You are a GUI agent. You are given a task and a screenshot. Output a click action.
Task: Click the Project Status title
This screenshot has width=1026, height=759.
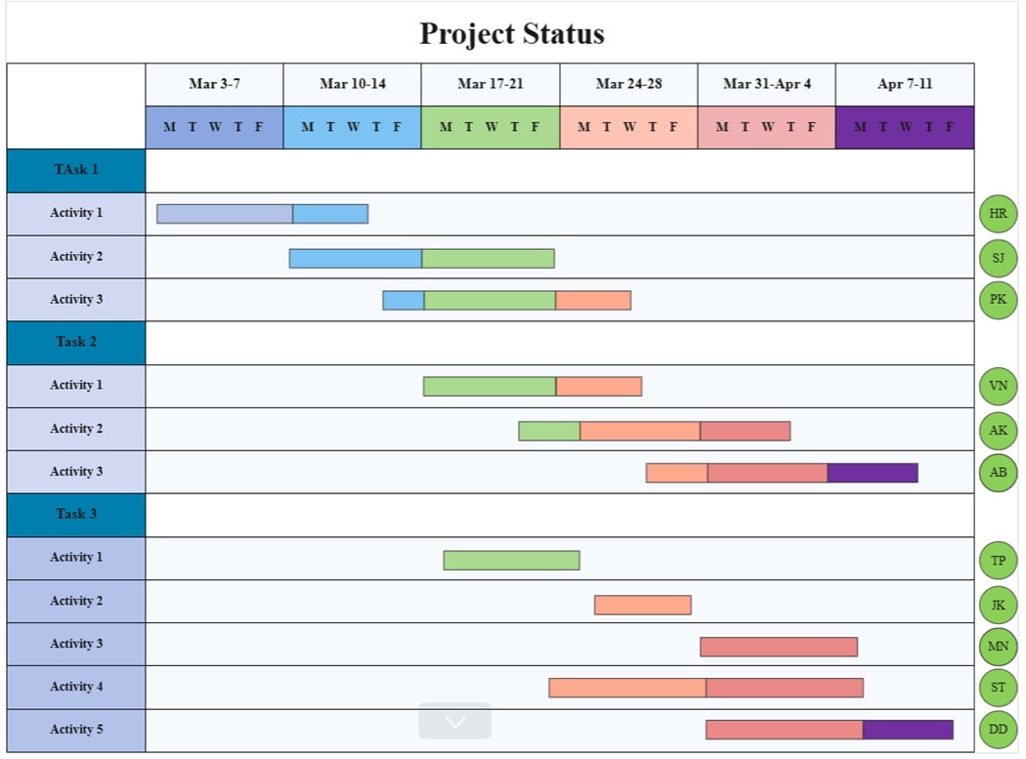point(512,34)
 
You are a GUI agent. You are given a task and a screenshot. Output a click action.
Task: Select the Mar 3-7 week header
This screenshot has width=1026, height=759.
point(214,84)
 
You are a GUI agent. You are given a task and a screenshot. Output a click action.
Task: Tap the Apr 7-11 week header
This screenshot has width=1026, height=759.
point(904,84)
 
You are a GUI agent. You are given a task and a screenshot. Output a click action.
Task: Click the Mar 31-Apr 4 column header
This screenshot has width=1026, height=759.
point(766,84)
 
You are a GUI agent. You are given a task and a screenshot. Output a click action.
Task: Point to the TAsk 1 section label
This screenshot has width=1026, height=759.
point(76,170)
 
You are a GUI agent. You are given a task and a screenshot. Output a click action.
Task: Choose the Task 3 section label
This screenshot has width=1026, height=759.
point(76,514)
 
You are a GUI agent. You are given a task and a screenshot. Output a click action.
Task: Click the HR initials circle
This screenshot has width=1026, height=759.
point(998,214)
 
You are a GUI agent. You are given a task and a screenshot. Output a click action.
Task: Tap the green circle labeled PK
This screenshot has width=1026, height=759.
point(998,300)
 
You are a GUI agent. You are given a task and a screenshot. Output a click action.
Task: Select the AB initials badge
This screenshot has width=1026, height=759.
point(998,473)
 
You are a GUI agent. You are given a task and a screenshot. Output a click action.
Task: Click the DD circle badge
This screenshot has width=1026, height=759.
point(998,730)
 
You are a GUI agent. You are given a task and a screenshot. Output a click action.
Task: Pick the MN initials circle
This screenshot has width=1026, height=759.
point(998,645)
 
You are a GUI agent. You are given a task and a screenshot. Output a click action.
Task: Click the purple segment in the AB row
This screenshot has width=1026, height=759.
point(872,473)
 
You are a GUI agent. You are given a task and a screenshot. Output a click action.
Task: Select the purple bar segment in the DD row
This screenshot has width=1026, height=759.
point(907,730)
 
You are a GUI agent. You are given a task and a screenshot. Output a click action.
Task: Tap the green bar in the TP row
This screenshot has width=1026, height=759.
point(511,560)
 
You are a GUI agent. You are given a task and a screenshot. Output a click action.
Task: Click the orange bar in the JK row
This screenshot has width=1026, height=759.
point(642,605)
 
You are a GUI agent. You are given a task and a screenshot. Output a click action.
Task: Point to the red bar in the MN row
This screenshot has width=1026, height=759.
point(778,647)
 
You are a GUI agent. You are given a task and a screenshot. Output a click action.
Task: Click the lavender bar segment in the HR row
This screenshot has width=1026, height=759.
point(225,214)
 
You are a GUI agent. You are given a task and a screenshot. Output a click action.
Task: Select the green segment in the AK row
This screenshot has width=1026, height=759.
point(549,431)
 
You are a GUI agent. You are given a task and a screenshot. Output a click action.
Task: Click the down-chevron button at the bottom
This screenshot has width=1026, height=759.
point(454,722)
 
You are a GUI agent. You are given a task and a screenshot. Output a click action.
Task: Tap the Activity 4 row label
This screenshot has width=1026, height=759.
point(76,687)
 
